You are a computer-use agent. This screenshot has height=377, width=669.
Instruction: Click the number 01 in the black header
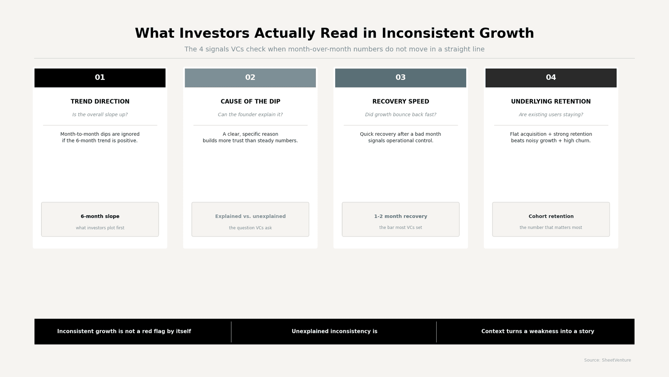100,77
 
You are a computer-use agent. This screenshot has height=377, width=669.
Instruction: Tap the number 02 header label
250,77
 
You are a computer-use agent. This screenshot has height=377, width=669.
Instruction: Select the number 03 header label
400,77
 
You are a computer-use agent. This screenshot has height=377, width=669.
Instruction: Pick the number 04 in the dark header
551,77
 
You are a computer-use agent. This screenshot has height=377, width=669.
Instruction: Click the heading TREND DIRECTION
100,102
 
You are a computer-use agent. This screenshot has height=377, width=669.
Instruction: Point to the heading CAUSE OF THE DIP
250,102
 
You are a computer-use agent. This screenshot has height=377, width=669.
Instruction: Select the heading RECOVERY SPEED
400,102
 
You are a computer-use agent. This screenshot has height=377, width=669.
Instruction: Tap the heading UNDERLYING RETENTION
551,102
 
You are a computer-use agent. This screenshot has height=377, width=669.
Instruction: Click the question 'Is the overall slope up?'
100,114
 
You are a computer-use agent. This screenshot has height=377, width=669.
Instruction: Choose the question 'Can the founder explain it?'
250,114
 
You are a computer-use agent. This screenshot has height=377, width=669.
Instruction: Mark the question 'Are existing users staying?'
551,114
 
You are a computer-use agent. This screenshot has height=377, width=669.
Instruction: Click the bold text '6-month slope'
100,216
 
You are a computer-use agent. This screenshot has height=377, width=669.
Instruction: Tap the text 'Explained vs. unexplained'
250,216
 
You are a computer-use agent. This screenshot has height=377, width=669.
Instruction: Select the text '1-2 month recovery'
400,216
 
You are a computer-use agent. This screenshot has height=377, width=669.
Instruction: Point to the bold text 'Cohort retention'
551,216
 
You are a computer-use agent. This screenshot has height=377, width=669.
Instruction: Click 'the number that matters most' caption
551,228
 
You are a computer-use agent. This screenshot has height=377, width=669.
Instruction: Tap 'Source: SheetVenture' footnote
607,360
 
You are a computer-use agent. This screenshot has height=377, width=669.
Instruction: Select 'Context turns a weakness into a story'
537,331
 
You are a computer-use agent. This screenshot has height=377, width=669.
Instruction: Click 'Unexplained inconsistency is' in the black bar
334,331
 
